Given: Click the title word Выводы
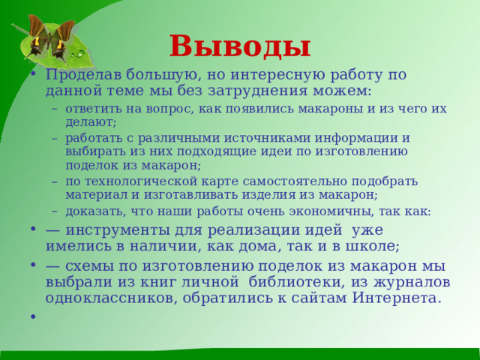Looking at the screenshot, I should [x=239, y=46].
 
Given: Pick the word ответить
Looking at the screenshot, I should [x=91, y=109].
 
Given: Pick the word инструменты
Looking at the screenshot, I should [x=121, y=230].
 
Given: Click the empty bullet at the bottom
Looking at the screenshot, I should [x=34, y=317].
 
